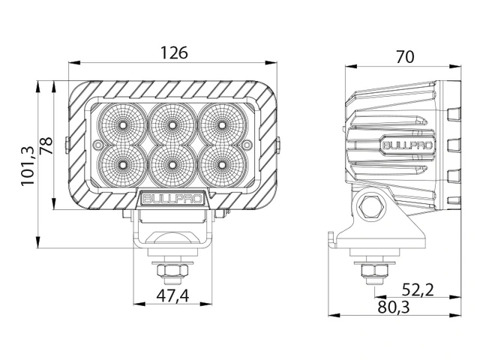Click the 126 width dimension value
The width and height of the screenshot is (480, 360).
point(173,53)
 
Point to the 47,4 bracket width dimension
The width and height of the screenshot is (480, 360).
point(172,295)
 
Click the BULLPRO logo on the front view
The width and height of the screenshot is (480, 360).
point(172,199)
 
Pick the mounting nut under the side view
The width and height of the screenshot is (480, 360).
point(370,270)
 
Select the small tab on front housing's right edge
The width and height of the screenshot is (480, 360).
point(278,142)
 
